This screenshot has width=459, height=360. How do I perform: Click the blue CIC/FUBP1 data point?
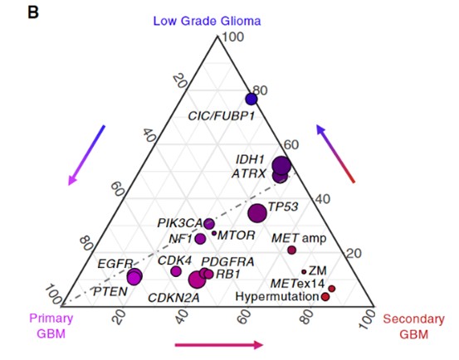point(251,100)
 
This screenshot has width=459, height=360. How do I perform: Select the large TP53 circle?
point(257,213)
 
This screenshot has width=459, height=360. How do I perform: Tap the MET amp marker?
point(291,250)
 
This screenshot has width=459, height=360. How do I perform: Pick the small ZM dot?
point(304,272)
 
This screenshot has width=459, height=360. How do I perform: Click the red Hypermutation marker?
point(325,297)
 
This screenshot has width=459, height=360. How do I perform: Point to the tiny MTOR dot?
point(214,233)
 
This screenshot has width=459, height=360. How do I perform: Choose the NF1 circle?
point(200,239)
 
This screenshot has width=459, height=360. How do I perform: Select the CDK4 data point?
point(176,271)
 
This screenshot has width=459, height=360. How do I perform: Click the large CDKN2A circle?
point(197,280)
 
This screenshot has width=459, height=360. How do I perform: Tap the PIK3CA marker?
point(209,224)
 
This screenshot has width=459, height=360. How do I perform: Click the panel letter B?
point(33,12)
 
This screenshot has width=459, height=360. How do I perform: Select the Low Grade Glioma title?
point(207,21)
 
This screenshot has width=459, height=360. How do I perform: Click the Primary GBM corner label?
point(51,326)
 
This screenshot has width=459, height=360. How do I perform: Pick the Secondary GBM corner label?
point(413,326)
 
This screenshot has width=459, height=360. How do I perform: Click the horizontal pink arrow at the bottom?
point(218,345)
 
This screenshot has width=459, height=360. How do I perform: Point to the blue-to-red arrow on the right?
point(335,153)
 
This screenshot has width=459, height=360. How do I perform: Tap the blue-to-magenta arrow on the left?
point(86,155)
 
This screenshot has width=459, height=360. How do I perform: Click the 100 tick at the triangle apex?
point(233,37)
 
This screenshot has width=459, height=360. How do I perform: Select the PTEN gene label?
point(110,292)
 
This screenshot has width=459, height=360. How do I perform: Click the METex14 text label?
point(297,284)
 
